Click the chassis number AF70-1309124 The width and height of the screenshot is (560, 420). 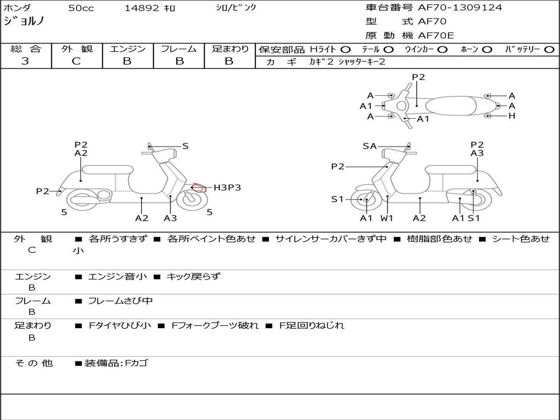pyautogui.click(x=459, y=8)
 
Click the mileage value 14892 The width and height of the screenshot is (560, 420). pyautogui.click(x=142, y=8)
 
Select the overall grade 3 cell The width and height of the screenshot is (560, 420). pyautogui.click(x=25, y=61)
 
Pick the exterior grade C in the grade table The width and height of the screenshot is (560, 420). pyautogui.click(x=77, y=61)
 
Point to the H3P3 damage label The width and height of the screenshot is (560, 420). pyautogui.click(x=227, y=188)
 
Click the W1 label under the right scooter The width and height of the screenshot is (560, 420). pyautogui.click(x=387, y=218)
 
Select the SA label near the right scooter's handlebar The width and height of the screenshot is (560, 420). pyautogui.click(x=370, y=146)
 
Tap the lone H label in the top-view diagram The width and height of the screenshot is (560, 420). pyautogui.click(x=512, y=116)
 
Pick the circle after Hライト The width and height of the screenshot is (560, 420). pyautogui.click(x=346, y=49)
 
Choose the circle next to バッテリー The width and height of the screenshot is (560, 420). pyautogui.click(x=549, y=49)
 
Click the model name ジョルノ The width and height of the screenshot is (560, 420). pyautogui.click(x=24, y=22)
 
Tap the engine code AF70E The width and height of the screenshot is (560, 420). pyautogui.click(x=436, y=36)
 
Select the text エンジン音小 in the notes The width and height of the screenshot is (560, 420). pyautogui.click(x=118, y=277)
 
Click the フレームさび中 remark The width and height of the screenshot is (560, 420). pyautogui.click(x=120, y=301)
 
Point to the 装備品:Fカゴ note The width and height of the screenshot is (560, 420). pyautogui.click(x=116, y=363)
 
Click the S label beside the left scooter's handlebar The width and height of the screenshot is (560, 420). pyautogui.click(x=185, y=146)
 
